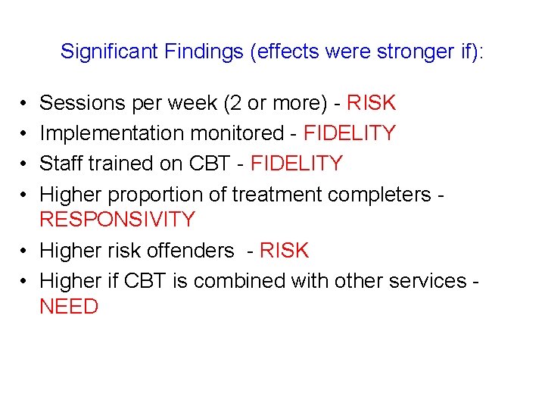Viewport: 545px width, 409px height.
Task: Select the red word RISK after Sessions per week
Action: click(371, 102)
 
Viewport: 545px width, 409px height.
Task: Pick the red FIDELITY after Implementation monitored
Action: click(349, 133)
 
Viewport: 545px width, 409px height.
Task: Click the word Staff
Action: click(62, 164)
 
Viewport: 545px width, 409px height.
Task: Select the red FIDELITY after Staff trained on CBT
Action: click(296, 164)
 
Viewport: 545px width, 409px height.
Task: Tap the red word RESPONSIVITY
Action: click(117, 220)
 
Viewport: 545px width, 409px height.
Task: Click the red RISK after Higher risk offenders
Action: click(284, 251)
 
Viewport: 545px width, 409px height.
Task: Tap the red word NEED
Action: click(69, 307)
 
